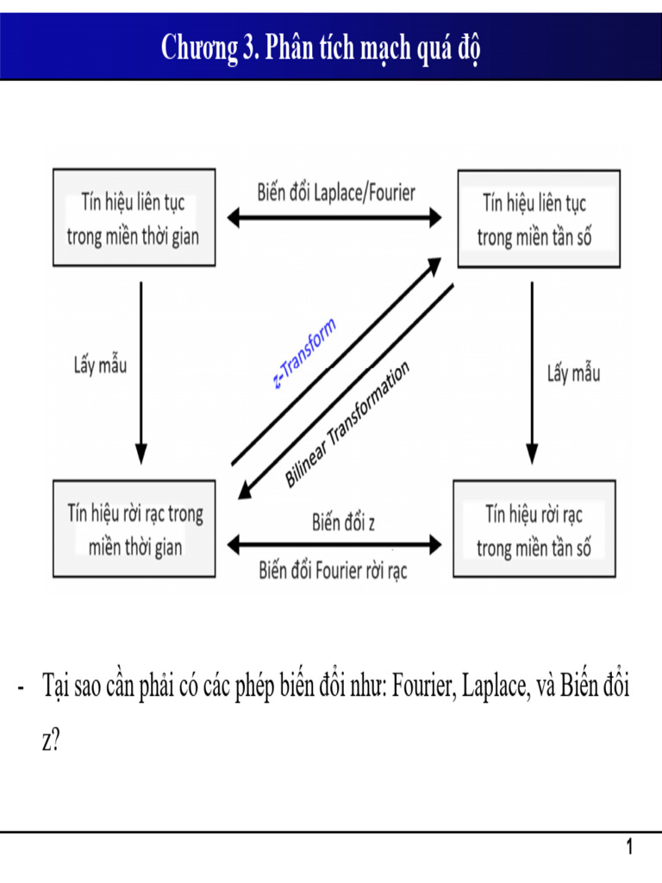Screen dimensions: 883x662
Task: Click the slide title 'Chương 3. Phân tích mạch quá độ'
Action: tap(321, 48)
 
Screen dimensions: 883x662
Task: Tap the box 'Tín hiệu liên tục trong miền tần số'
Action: tap(537, 219)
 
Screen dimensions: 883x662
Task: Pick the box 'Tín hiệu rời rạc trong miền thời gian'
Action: tap(134, 529)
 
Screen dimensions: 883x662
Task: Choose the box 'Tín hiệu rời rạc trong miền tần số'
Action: tap(534, 529)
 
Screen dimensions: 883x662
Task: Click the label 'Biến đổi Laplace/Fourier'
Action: tap(335, 191)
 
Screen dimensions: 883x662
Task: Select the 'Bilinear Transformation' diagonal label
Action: tap(347, 424)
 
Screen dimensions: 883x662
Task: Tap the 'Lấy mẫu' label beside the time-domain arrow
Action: tap(100, 365)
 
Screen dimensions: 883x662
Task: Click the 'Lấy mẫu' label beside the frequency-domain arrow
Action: tap(573, 373)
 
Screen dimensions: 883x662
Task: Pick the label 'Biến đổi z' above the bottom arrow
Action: tap(343, 522)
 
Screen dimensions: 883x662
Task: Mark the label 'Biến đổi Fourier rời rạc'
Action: tap(333, 570)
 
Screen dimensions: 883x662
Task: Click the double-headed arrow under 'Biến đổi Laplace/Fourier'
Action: tap(335, 218)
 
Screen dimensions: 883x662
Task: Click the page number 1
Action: tap(630, 848)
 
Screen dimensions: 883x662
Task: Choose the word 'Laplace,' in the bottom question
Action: tap(495, 687)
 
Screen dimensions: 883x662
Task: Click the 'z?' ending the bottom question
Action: tap(50, 741)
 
